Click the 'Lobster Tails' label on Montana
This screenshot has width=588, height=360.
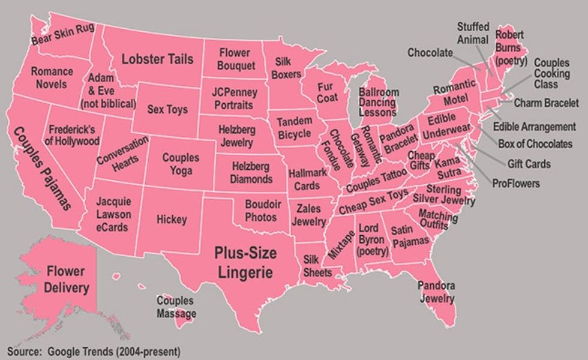(x=157, y=59)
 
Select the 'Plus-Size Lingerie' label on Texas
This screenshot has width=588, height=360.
(x=245, y=262)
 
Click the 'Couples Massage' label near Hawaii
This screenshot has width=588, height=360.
(x=176, y=307)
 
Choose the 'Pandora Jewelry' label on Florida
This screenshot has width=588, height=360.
(x=436, y=291)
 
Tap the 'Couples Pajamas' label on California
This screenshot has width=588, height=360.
(x=41, y=168)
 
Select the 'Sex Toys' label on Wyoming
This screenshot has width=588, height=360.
(x=167, y=110)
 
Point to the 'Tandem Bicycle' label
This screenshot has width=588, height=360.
(x=294, y=127)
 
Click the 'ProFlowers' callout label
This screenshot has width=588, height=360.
(x=515, y=183)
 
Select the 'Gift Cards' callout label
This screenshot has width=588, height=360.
(x=529, y=164)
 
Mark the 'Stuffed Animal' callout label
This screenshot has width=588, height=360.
(x=473, y=33)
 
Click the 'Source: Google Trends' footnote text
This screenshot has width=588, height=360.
(x=93, y=351)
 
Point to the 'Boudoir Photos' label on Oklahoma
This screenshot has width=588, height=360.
(x=263, y=210)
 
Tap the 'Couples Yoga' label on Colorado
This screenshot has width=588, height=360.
(x=181, y=164)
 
